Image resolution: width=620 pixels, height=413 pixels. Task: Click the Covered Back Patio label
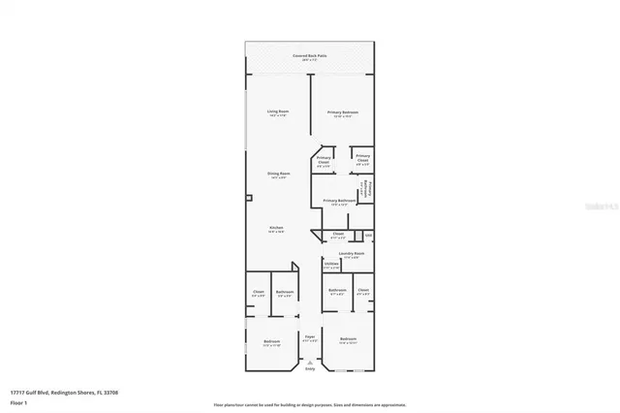(309, 57)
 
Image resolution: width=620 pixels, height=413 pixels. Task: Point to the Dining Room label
(279, 175)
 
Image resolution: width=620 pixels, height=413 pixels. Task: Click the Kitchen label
(277, 229)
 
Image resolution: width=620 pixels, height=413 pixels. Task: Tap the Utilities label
(331, 265)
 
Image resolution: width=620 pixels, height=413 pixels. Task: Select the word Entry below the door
(310, 368)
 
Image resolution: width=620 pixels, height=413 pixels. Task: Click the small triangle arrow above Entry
(310, 362)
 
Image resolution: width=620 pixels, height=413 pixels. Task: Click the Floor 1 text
(19, 400)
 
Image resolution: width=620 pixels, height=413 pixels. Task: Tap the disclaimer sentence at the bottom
(310, 404)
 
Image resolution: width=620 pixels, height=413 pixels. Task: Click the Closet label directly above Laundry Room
(338, 234)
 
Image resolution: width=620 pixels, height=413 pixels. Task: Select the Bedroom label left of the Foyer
(272, 341)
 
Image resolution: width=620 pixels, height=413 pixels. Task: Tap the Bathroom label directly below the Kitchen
(285, 293)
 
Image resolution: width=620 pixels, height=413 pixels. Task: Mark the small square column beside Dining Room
(249, 198)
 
